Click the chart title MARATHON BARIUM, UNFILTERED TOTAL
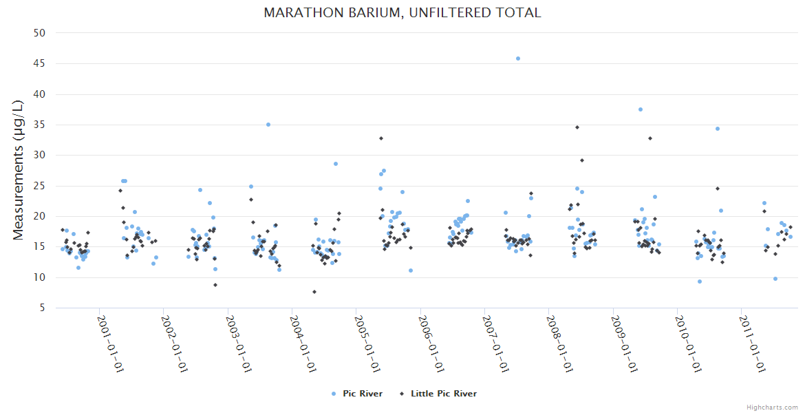[402, 12]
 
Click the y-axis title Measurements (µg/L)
[19, 170]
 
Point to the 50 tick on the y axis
[40, 33]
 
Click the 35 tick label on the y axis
[40, 125]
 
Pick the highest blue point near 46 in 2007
[518, 59]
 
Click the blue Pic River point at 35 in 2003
[268, 125]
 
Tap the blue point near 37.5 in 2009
[641, 109]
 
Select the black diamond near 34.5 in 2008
[577, 127]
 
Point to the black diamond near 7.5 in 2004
[314, 292]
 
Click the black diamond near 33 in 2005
[381, 138]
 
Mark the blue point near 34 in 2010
[717, 129]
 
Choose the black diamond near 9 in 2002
[215, 285]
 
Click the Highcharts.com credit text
[772, 407]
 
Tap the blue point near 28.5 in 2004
[336, 164]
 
